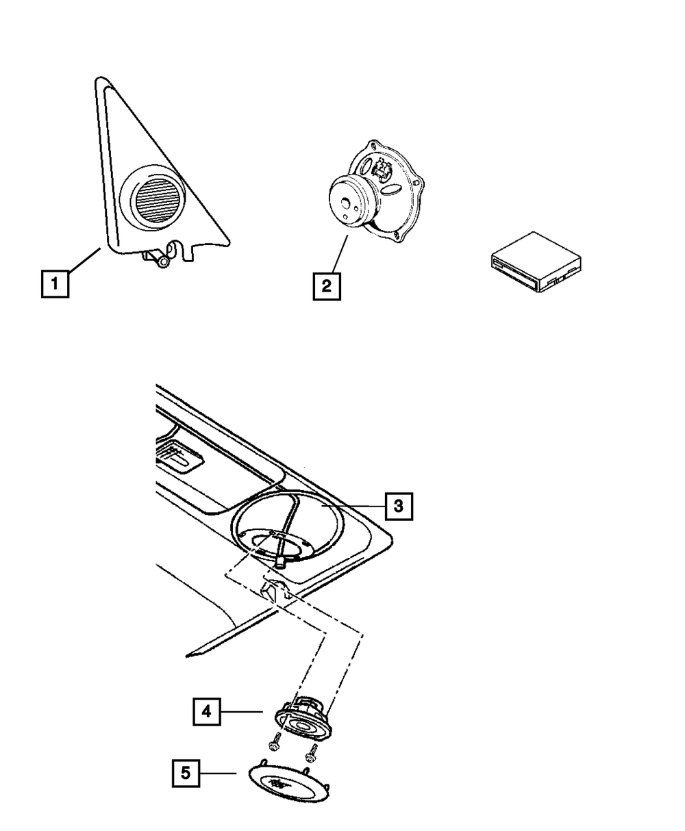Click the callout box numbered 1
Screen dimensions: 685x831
(55, 283)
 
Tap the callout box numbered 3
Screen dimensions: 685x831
(399, 506)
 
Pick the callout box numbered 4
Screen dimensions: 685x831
(206, 712)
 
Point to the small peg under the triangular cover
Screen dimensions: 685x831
(162, 260)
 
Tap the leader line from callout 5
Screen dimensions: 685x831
(217, 774)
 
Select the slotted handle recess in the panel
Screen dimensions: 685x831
(179, 456)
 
